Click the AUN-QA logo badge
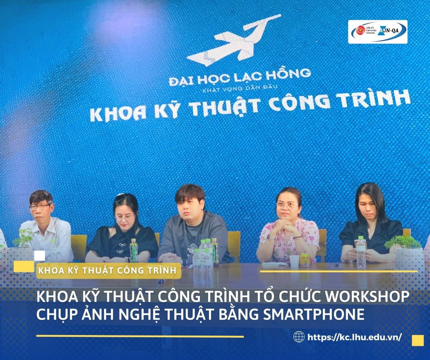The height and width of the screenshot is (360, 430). tap(378, 32)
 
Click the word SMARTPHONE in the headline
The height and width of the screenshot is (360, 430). tap(313, 314)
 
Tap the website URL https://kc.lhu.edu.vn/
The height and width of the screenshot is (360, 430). tap(355, 337)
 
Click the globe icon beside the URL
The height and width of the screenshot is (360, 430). tap(299, 337)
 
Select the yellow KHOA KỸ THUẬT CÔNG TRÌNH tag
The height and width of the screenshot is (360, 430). tap(109, 271)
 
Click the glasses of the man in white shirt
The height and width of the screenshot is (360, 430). tap(39, 206)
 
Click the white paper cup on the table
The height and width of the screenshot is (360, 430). tap(294, 261)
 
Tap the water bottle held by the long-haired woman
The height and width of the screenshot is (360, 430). tap(361, 252)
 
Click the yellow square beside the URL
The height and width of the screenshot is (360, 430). tap(418, 341)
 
